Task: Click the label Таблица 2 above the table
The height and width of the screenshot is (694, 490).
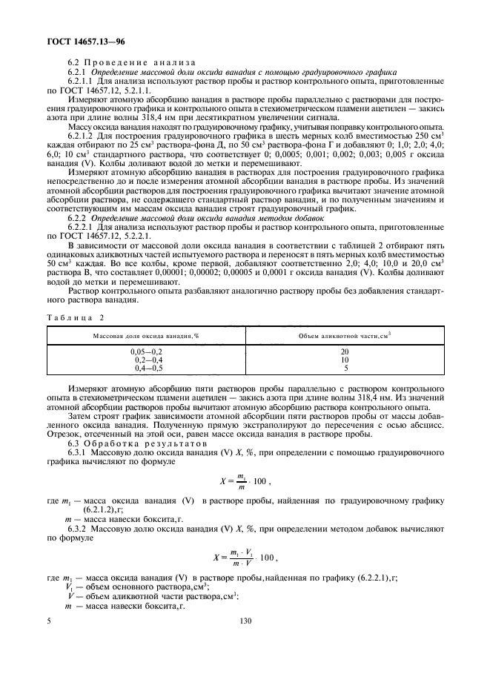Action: pyautogui.click(x=76, y=295)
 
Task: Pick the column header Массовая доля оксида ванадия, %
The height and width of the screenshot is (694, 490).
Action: pyautogui.click(x=146, y=316)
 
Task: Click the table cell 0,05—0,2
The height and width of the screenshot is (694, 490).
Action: pyautogui.click(x=146, y=350)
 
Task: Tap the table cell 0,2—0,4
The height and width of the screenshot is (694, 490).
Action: pyautogui.click(x=146, y=359)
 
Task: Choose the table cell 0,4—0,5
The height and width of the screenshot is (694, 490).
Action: pyautogui.click(x=146, y=368)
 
